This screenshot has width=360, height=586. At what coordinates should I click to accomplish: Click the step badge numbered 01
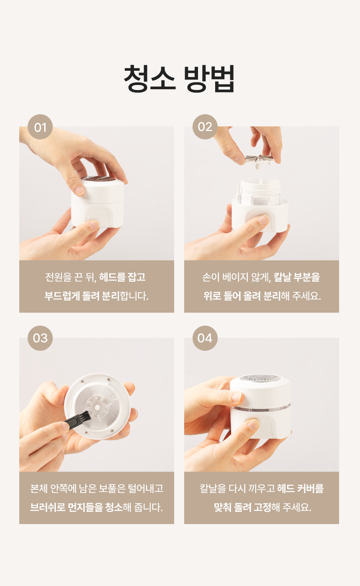pos(40,127)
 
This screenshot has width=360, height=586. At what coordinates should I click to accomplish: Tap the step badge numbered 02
pos(205,127)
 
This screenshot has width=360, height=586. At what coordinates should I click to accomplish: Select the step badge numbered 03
pos(40,338)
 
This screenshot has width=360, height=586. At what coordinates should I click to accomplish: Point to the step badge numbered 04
pos(205,338)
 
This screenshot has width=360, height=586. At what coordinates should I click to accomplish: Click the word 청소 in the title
pos(149,78)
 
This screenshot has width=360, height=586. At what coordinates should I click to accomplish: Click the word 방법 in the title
pos(209,78)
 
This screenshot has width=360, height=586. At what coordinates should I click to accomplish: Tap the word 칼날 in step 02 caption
pos(282,277)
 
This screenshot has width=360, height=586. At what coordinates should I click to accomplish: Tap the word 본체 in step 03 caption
pos(39,488)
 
